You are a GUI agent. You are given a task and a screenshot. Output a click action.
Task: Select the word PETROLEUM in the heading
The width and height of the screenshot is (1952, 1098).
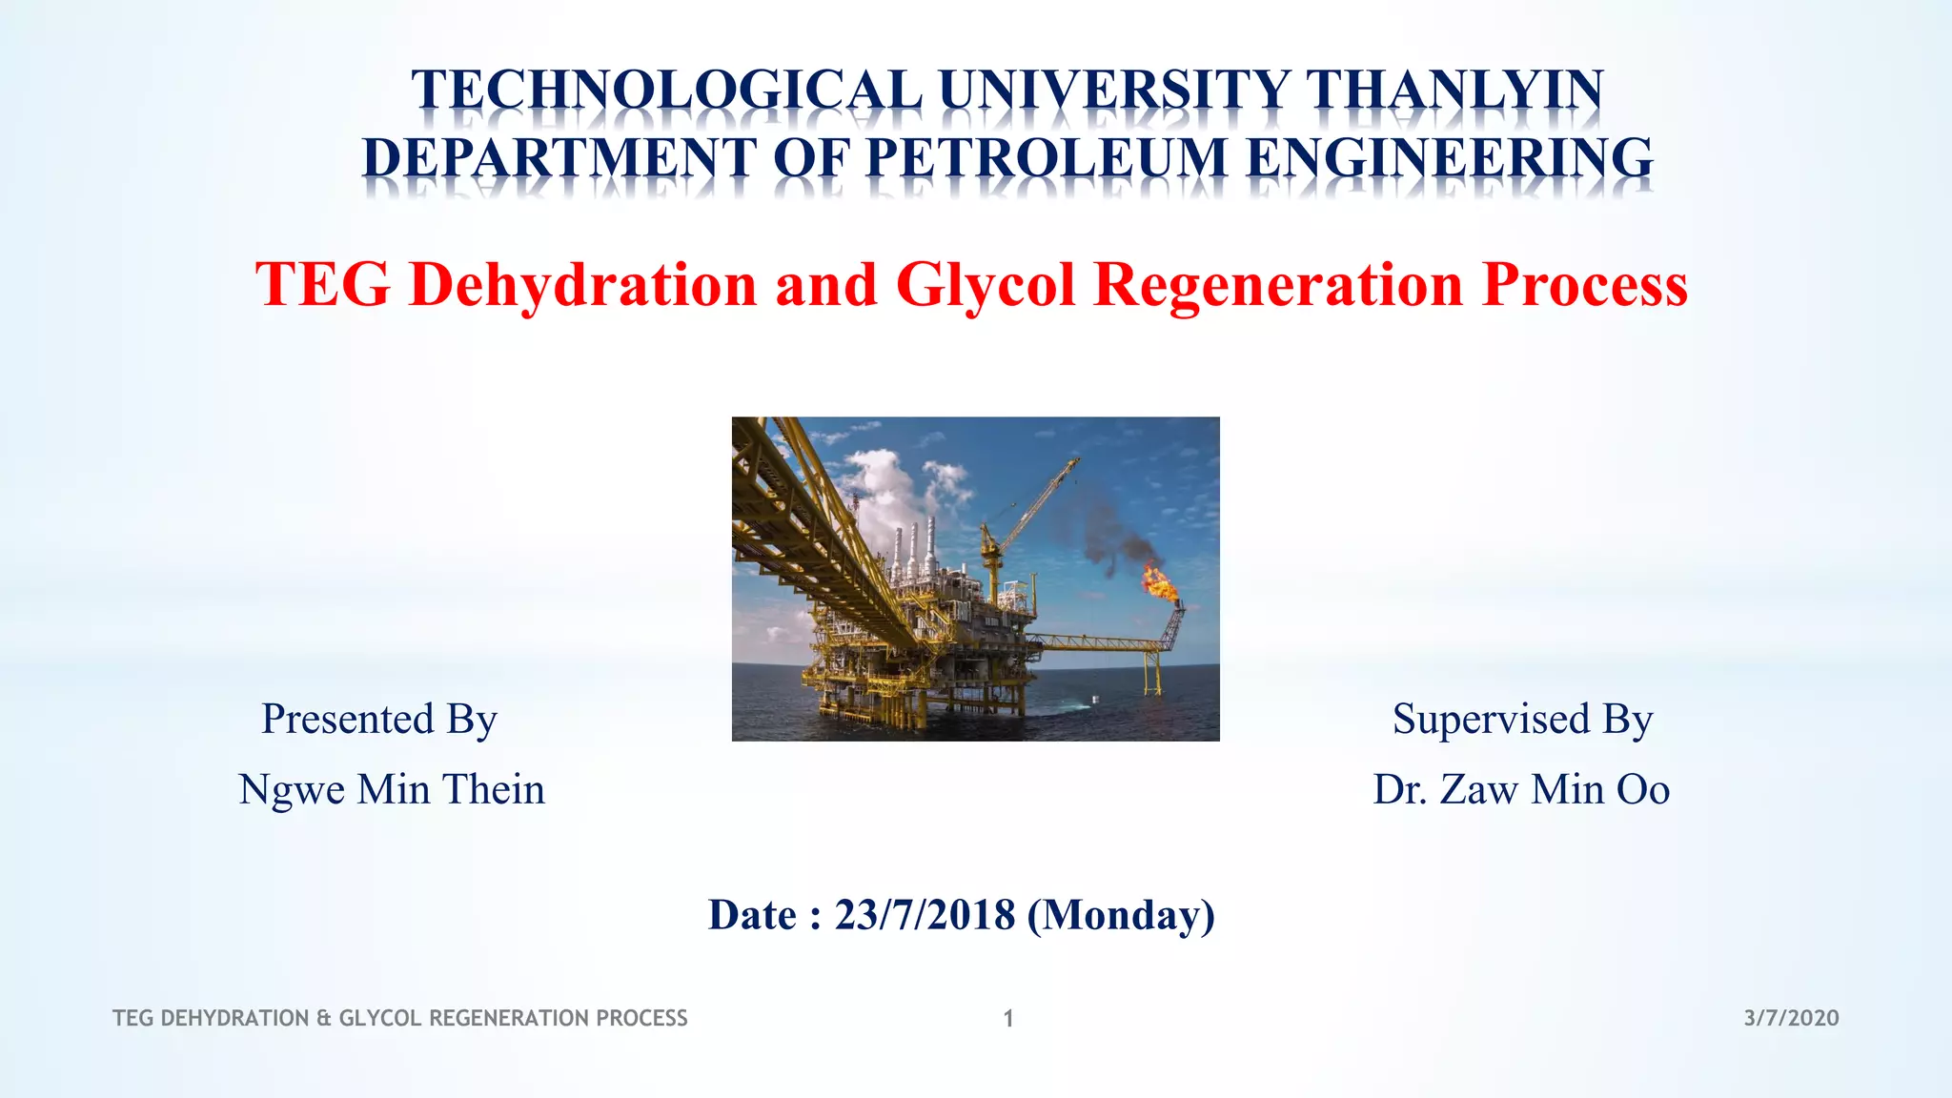tap(1045, 157)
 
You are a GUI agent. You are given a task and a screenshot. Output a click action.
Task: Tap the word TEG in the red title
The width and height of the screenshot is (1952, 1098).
tap(323, 284)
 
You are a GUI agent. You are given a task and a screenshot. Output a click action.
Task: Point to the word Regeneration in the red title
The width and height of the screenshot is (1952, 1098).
tap(1277, 284)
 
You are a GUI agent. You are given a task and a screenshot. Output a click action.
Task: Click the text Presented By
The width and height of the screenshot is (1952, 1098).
tap(379, 719)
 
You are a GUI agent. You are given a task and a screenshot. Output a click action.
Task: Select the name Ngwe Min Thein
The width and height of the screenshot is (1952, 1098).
tap(392, 789)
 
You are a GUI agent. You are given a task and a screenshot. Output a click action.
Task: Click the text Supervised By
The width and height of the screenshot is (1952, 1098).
tap(1522, 719)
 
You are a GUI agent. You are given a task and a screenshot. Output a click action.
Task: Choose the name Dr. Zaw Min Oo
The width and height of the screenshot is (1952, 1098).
tap(1521, 789)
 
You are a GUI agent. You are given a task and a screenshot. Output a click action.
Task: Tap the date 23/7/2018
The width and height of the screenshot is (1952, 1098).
tap(925, 914)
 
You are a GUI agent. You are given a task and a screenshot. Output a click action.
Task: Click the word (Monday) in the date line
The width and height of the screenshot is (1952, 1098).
tap(1121, 914)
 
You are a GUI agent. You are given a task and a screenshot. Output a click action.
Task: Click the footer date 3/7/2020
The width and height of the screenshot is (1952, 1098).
tap(1791, 1018)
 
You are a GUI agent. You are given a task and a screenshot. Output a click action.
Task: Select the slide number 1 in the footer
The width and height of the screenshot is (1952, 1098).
tap(1008, 1019)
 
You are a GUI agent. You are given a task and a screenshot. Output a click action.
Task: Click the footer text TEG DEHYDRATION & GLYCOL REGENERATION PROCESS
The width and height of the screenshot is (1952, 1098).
tap(400, 1018)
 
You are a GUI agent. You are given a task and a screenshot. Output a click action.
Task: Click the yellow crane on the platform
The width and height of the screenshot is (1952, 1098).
tap(1029, 515)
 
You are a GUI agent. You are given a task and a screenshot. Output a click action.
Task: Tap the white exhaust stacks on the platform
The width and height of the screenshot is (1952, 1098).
tap(913, 548)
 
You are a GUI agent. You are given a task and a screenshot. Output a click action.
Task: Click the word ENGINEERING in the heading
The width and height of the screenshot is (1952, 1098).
tap(1449, 157)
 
